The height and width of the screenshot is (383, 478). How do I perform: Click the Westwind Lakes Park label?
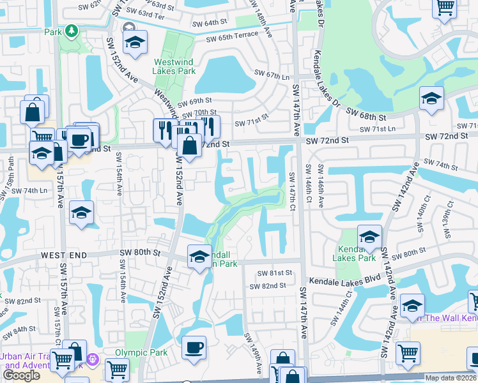pos(174,67)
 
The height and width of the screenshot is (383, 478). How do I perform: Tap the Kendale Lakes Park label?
pos(353,253)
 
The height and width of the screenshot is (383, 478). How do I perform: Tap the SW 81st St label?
pos(275,273)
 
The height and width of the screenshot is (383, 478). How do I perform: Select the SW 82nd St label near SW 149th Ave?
pos(268,285)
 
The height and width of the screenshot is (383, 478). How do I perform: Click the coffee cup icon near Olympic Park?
pos(194,348)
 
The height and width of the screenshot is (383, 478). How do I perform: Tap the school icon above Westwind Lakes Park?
pos(135,42)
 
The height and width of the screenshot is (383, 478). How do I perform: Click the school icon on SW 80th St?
pos(199,257)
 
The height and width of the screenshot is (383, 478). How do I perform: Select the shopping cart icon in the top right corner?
pos(444,8)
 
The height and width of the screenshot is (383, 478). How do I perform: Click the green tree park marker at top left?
pos(72,30)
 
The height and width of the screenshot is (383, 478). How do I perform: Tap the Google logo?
pos(21,375)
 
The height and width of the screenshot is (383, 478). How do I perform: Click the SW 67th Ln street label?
pos(272,75)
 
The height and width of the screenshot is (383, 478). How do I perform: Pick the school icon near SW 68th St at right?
pos(431,99)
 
